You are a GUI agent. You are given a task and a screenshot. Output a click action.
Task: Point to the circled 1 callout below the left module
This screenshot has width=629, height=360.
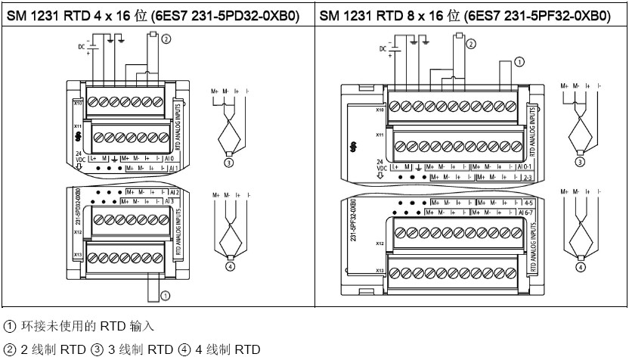click(x=165, y=296)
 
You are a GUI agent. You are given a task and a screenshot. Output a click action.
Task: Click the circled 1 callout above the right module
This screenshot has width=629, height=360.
click(x=519, y=62)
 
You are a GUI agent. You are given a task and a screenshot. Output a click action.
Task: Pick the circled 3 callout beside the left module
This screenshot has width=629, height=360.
click(x=228, y=161)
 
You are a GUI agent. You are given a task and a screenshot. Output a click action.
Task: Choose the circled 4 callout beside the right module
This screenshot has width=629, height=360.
click(x=581, y=266)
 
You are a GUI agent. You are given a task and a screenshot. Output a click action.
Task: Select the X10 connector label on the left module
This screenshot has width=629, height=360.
click(x=78, y=101)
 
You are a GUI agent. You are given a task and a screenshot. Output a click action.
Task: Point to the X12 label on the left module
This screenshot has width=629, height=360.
click(x=78, y=234)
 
